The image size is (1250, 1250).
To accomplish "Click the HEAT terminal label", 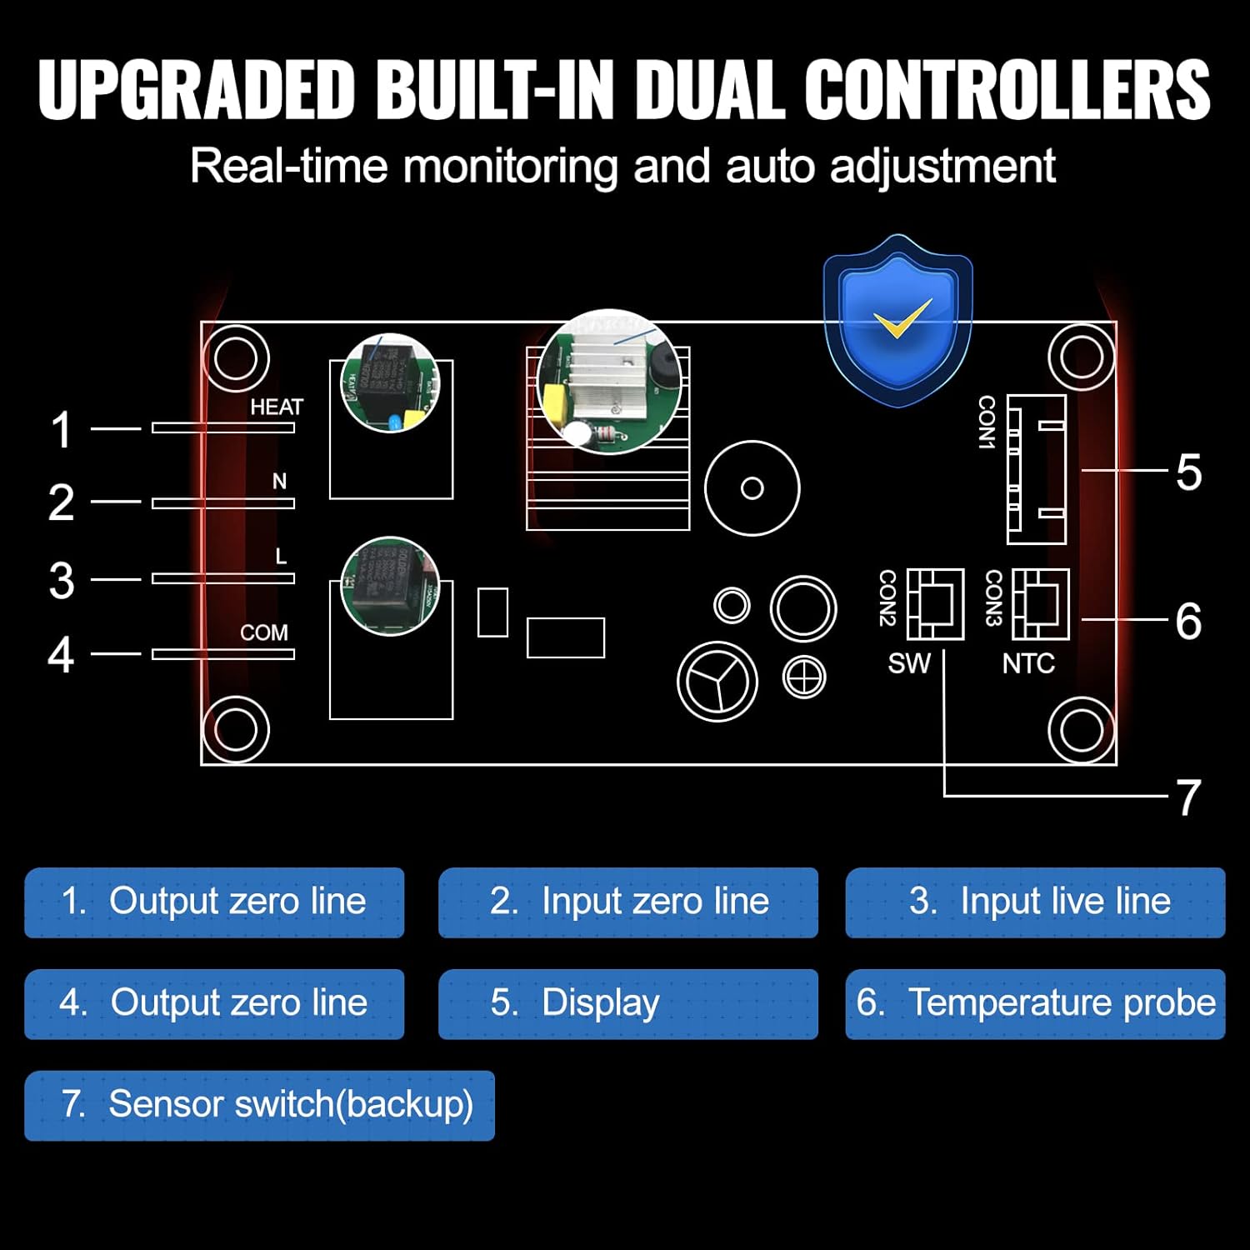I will pyautogui.click(x=277, y=407).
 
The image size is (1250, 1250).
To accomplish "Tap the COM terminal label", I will pyautogui.click(x=263, y=632).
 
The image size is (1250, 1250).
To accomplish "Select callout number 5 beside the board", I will pyautogui.click(x=1188, y=472).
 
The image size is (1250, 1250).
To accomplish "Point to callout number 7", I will pyautogui.click(x=1188, y=797).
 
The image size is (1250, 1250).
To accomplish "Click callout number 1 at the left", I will pyautogui.click(x=61, y=430).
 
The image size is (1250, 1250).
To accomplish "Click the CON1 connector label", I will pyautogui.click(x=987, y=422).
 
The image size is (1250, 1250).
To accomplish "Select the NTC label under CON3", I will pyautogui.click(x=1028, y=663).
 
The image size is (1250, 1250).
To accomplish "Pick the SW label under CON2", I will pyautogui.click(x=908, y=663).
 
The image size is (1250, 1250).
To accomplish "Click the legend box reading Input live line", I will pyautogui.click(x=1035, y=902).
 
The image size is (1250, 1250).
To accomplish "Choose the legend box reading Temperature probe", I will pyautogui.click(x=1035, y=1003).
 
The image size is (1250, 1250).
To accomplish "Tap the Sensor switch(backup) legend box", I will pyautogui.click(x=259, y=1105).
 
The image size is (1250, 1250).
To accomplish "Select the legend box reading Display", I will pyautogui.click(x=627, y=1003).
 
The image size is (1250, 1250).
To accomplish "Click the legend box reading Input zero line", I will pyautogui.click(x=627, y=902).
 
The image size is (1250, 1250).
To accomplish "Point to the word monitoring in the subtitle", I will pyautogui.click(x=510, y=166).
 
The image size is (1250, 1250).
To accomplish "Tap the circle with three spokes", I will pyautogui.click(x=717, y=681).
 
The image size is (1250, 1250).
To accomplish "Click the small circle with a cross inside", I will pyautogui.click(x=804, y=676).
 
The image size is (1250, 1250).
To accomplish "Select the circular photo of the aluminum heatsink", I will pyautogui.click(x=609, y=382).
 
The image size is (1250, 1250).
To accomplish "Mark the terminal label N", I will pyautogui.click(x=279, y=481).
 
